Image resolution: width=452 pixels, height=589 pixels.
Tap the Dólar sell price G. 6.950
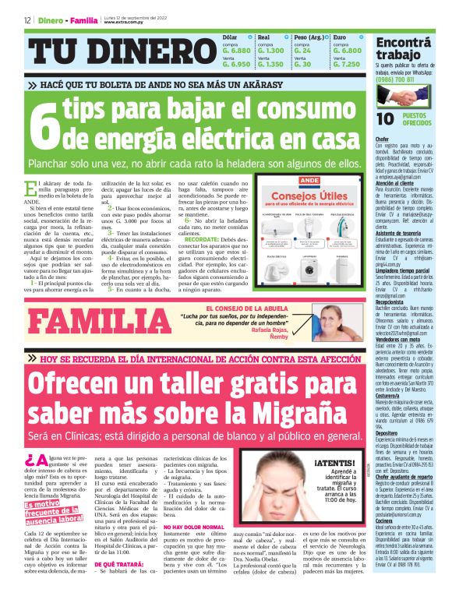(235, 64)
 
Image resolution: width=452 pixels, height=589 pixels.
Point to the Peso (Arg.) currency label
(309, 37)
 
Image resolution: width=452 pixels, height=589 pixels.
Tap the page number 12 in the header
(27, 19)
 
